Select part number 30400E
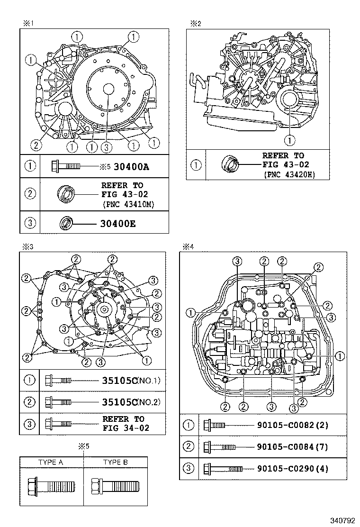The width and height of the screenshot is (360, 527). [117, 223]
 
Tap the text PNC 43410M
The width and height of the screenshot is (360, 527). [128, 205]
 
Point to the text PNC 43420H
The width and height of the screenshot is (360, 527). [289, 175]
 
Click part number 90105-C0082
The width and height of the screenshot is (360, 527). [292, 425]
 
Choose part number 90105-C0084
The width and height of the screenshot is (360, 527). [292, 447]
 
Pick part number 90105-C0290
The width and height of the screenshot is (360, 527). [292, 469]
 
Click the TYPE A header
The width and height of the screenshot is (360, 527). [51, 462]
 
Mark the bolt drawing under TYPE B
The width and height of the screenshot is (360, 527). [116, 485]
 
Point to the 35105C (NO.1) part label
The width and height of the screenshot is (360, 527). [131, 380]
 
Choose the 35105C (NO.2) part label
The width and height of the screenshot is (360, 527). [131, 402]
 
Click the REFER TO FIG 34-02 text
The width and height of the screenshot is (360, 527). [126, 423]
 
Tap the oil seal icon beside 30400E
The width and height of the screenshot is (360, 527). [66, 222]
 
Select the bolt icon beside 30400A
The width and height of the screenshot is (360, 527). [66, 166]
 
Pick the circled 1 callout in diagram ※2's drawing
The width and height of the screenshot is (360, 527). [289, 140]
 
